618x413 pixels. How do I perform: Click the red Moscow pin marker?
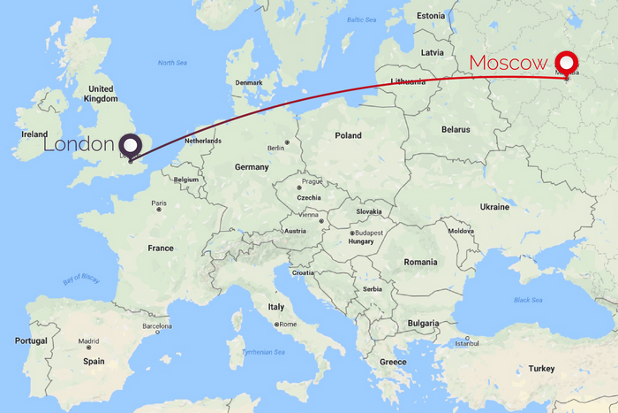click(566, 63)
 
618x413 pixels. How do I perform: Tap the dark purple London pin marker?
click(132, 146)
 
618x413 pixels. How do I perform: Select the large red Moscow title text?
click(509, 64)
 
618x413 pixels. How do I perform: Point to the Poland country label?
click(349, 135)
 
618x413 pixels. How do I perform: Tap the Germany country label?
click(251, 167)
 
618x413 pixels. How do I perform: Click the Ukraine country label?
click(494, 207)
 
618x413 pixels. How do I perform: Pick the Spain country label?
click(94, 361)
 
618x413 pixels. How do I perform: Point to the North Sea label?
click(172, 63)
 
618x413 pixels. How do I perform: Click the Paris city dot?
click(158, 210)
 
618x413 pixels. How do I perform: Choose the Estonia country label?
click(432, 15)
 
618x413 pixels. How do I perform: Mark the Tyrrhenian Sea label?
click(264, 353)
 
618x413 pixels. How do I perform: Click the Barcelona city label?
click(156, 325)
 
